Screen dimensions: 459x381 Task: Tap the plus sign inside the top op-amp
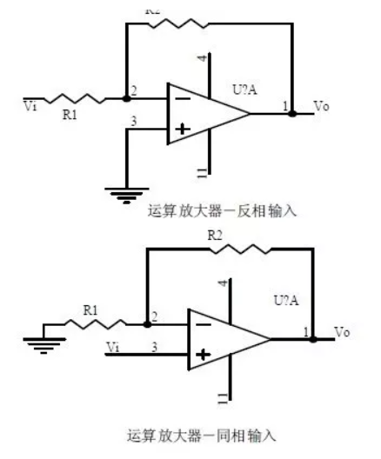click(183, 130)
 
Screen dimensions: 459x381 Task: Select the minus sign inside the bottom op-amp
click(204, 323)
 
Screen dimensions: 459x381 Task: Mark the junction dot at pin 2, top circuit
click(126, 99)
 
